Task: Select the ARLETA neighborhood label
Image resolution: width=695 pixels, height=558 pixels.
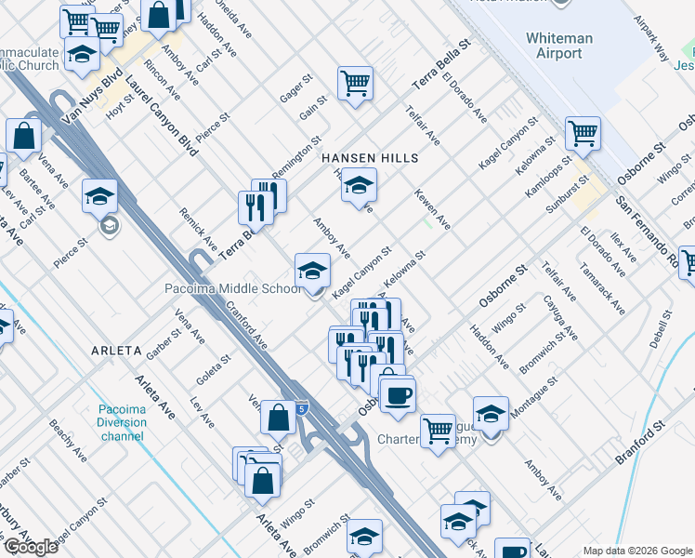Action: pos(116,351)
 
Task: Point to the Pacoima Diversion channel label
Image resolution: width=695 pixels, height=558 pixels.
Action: pos(123,422)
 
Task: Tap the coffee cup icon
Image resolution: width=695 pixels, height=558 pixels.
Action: pos(398,394)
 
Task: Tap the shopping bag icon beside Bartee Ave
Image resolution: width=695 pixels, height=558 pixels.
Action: pos(23,137)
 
